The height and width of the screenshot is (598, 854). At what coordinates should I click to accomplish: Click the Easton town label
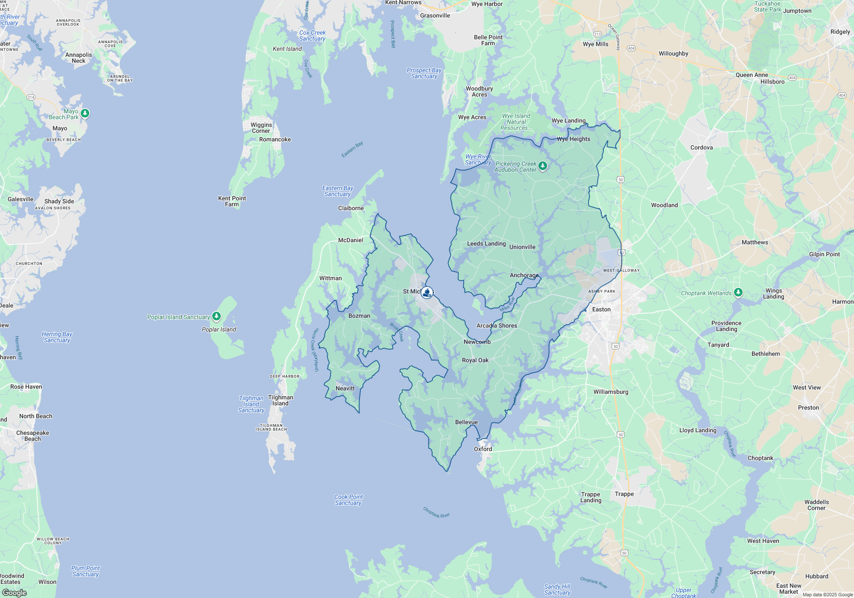(601, 309)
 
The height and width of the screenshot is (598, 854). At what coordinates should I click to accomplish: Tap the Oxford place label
(483, 449)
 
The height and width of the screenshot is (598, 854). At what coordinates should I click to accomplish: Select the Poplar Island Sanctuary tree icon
(216, 316)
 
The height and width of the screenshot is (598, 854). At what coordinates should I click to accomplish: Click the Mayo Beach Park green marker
(85, 113)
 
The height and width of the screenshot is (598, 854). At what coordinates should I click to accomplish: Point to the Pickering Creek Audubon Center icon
(543, 166)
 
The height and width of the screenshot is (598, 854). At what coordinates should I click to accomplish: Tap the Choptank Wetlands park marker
(738, 293)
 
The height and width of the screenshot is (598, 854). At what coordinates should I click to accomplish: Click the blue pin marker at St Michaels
(427, 292)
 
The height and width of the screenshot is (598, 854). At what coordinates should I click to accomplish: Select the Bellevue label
(466, 422)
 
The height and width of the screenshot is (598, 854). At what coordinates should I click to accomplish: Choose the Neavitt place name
(345, 388)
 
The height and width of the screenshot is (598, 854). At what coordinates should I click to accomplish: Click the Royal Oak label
(475, 360)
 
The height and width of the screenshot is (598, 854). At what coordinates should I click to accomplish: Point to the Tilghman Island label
(281, 400)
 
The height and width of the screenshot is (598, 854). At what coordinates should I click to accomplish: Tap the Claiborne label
(351, 208)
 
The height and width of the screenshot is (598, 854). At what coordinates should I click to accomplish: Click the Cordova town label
(702, 147)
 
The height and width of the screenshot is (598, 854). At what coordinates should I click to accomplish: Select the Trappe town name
(624, 494)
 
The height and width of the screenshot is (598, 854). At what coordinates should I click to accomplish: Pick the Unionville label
(522, 247)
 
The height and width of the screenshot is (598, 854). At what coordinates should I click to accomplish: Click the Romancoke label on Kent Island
(275, 139)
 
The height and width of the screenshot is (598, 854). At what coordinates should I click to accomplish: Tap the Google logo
(15, 592)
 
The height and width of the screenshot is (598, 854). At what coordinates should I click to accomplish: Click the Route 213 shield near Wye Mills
(597, 34)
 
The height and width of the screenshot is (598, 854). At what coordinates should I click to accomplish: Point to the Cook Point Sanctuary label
(348, 500)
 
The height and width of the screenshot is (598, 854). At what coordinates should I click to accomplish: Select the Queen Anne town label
(752, 75)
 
